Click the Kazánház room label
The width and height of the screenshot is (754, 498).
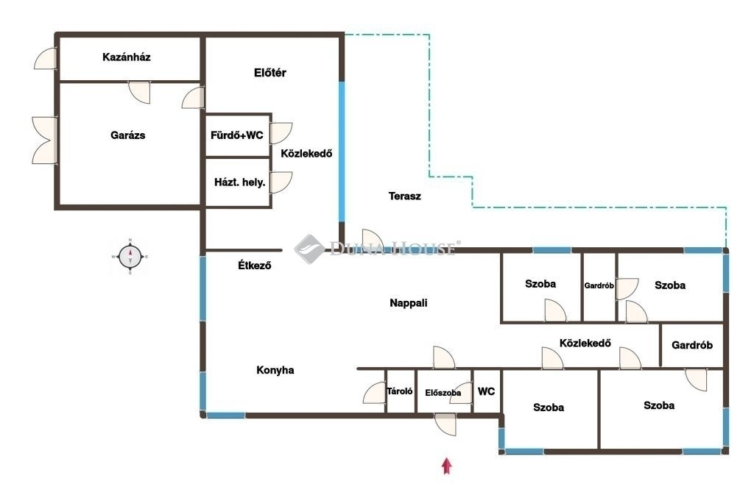pyautogui.click(x=127, y=57)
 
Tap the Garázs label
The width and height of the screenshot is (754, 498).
pyautogui.click(x=127, y=135)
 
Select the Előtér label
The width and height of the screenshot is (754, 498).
pyautogui.click(x=269, y=73)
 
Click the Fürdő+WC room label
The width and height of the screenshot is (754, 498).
pyautogui.click(x=236, y=135)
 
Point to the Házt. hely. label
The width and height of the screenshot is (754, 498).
pyautogui.click(x=239, y=182)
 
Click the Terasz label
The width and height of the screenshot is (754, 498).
pyautogui.click(x=404, y=196)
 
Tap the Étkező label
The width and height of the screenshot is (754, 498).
pyautogui.click(x=254, y=265)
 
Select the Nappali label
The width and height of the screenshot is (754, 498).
pyautogui.click(x=408, y=303)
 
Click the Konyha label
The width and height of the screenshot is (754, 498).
pyautogui.click(x=275, y=370)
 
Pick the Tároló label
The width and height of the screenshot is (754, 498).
pyautogui.click(x=400, y=391)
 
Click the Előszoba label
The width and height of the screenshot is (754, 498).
pyautogui.click(x=443, y=393)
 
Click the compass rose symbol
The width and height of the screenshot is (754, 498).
pyautogui.click(x=130, y=257)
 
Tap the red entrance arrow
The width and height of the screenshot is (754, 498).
pyautogui.click(x=447, y=466)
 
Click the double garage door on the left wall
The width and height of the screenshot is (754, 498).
pyautogui.click(x=45, y=140)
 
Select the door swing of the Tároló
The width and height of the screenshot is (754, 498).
pyautogui.click(x=375, y=393)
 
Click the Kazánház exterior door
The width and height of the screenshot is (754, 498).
pyautogui.click(x=46, y=59)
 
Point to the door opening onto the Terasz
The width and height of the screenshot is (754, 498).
pyautogui.click(x=373, y=240)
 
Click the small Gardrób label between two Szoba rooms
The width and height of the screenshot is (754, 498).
pyautogui.click(x=599, y=285)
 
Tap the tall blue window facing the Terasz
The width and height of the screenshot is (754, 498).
pyautogui.click(x=342, y=152)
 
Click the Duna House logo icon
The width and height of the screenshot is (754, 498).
pyautogui.click(x=309, y=249)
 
